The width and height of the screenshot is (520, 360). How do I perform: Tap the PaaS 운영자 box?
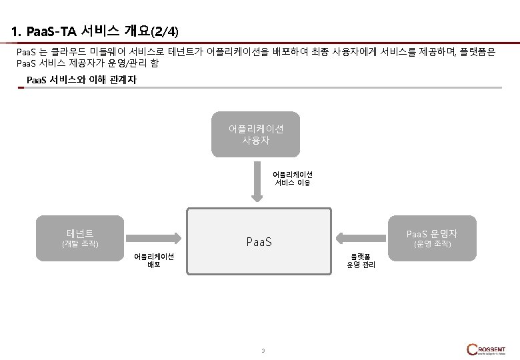[432, 237]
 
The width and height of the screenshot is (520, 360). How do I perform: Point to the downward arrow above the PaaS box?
[257, 184]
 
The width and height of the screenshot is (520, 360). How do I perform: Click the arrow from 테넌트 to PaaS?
[154, 237]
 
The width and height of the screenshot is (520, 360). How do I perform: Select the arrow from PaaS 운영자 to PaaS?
[361, 237]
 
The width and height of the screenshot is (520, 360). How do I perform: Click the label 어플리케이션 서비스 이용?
[292, 178]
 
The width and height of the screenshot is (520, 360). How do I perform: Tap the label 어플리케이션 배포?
[154, 260]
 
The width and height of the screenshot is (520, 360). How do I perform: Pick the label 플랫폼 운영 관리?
[361, 260]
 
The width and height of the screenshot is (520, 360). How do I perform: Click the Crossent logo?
[487, 349]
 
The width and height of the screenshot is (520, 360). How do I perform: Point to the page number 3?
[263, 351]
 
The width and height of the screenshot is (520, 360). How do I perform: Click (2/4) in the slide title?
[165, 31]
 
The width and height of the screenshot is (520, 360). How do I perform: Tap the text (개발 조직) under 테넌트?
[80, 244]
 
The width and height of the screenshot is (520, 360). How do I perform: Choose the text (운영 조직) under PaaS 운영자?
[432, 244]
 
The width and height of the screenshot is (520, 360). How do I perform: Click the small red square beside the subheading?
[21, 87]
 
